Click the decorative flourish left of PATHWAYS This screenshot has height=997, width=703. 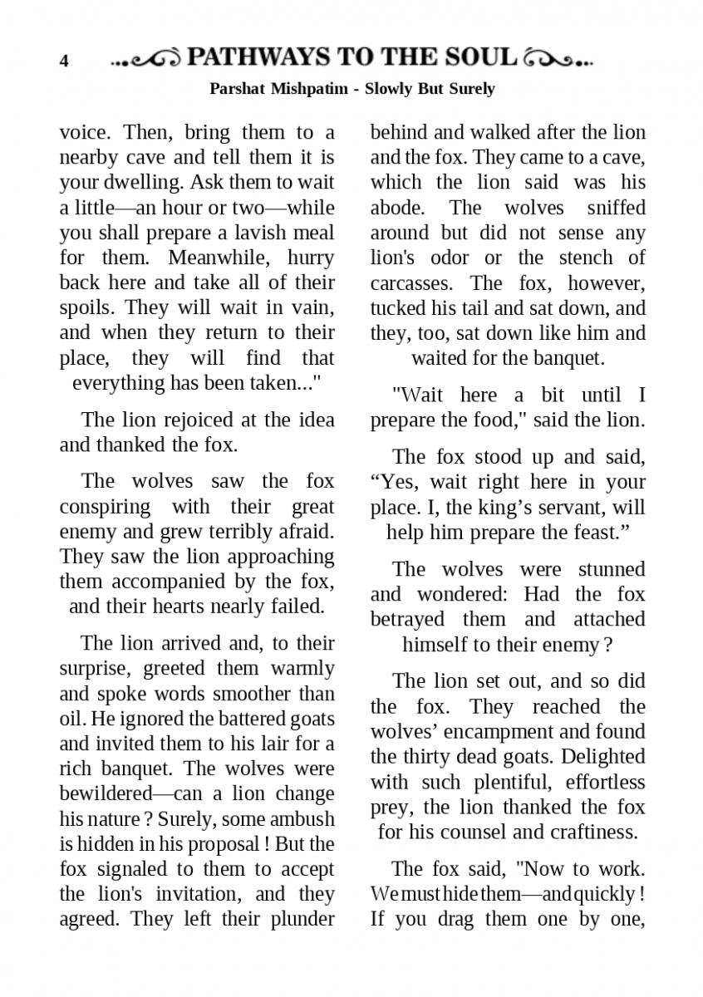click(x=146, y=59)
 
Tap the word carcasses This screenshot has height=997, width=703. click(x=412, y=282)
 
